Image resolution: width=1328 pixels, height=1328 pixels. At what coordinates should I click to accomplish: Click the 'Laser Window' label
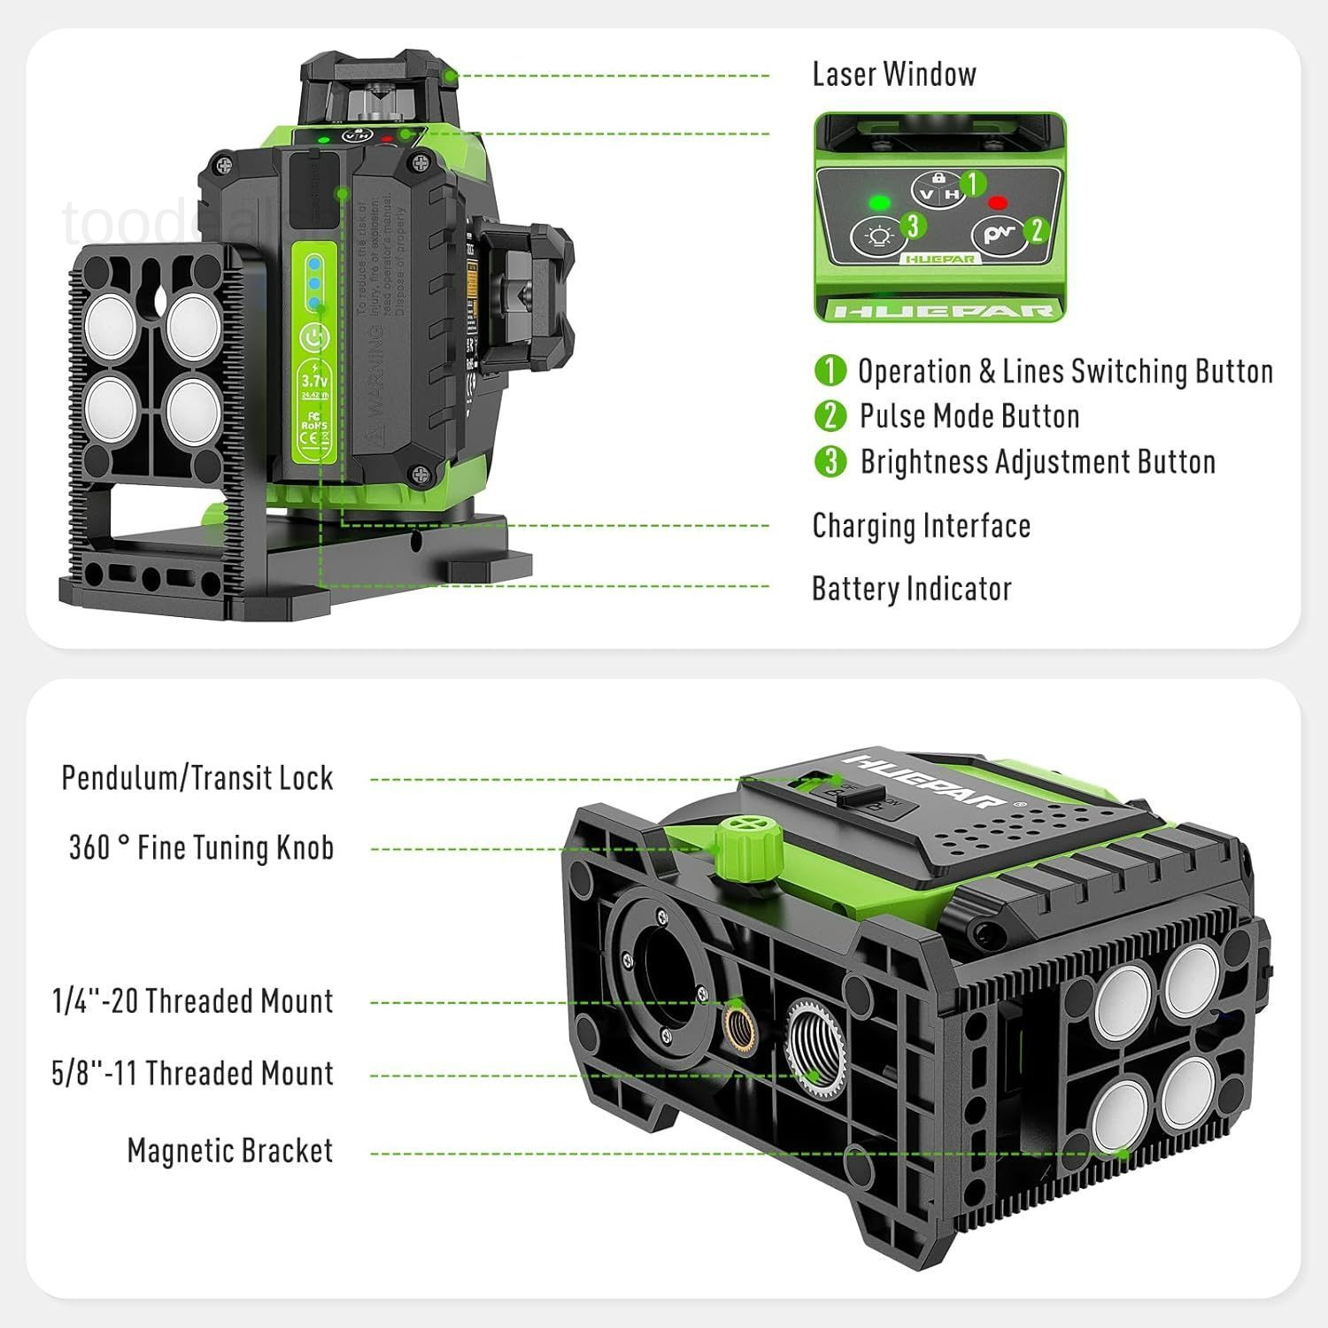(894, 74)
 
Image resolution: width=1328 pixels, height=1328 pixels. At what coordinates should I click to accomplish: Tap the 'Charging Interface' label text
(922, 526)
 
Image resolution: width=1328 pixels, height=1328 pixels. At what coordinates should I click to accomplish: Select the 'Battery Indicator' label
(911, 589)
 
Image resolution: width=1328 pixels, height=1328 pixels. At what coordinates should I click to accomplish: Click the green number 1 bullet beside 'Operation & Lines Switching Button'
(830, 370)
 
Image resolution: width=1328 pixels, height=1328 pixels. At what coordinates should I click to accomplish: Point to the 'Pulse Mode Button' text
(969, 416)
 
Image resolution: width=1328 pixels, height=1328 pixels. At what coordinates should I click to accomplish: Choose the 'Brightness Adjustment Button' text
(1038, 462)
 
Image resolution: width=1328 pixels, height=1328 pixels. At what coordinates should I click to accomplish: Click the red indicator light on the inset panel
(999, 202)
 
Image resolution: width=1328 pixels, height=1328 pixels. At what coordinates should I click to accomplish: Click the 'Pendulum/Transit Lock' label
(197, 778)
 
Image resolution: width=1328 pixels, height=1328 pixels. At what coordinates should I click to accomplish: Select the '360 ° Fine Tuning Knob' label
(201, 848)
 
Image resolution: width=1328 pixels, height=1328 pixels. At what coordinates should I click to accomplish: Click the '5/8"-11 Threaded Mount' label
(192, 1074)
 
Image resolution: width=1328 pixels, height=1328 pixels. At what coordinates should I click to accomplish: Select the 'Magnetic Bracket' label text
(230, 1151)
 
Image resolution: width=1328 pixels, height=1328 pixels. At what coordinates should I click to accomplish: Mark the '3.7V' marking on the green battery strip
(314, 381)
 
